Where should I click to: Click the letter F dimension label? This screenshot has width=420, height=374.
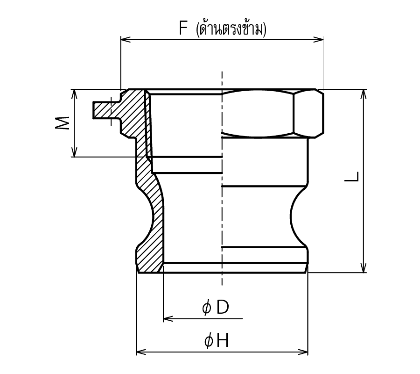tap(183, 28)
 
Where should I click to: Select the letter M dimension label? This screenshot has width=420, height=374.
tap(63, 123)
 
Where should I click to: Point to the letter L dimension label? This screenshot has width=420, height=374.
tap(351, 176)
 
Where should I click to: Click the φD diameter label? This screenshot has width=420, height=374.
tap(215, 307)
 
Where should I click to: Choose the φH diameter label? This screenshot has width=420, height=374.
tap(217, 341)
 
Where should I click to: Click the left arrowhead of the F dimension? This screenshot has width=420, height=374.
tap(126, 40)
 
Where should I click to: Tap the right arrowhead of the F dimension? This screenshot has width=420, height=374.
tap(318, 40)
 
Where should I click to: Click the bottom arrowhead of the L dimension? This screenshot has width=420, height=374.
tap(364, 268)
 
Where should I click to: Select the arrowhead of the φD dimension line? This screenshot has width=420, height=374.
tap(168, 319)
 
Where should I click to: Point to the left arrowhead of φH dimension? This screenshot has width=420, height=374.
tap(141, 352)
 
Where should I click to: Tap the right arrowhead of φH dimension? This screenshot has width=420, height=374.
tap(303, 352)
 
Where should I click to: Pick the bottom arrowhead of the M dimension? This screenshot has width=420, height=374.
tap(75, 152)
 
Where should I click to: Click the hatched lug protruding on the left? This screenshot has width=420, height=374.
tap(103, 110)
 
